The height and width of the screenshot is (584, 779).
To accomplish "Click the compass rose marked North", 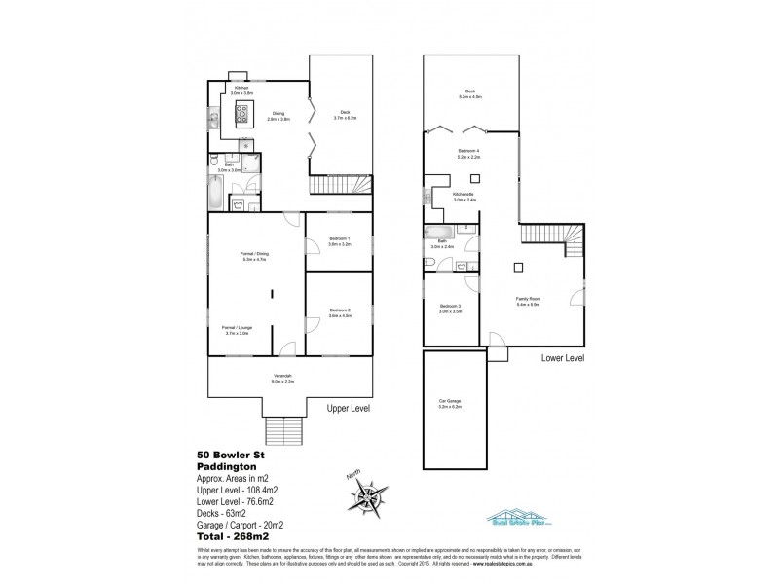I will pyautogui.click(x=370, y=495).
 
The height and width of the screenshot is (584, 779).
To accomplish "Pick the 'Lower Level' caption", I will pyautogui.click(x=562, y=358).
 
